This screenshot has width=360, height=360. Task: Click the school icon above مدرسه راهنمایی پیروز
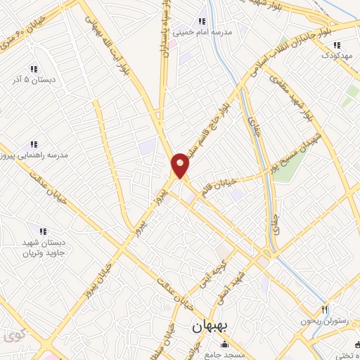point(34,144)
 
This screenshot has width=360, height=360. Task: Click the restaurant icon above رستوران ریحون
point(325,309)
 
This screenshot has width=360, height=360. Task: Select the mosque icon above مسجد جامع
point(224,345)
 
